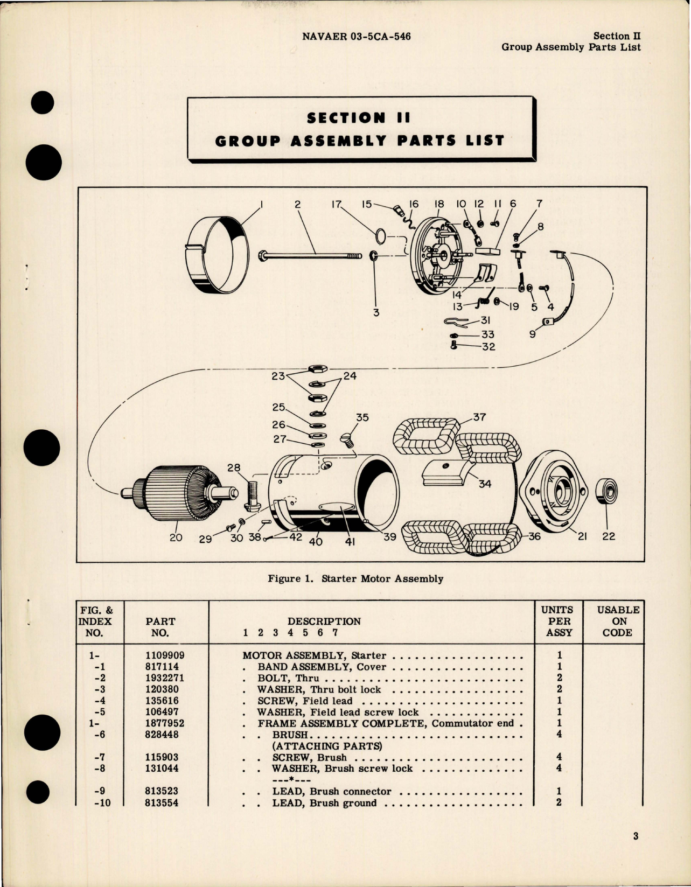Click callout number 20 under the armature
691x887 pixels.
click(x=176, y=537)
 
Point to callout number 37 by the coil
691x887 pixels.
click(x=479, y=417)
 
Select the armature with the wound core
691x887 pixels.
click(x=178, y=493)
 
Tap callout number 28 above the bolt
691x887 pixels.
click(x=233, y=467)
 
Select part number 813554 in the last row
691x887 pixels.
click(x=157, y=802)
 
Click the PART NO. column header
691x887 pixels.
click(x=160, y=627)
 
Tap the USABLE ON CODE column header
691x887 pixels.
click(x=618, y=621)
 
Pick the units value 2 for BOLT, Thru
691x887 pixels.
click(x=559, y=678)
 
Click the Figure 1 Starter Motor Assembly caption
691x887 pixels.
click(x=355, y=579)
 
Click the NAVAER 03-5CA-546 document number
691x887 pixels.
click(x=356, y=37)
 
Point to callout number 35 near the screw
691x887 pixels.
click(x=362, y=417)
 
